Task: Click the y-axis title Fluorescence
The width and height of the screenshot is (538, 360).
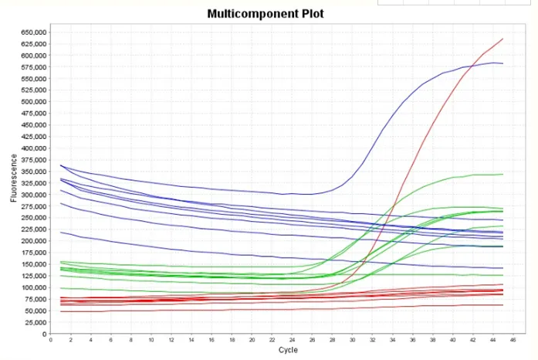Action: (x=14, y=178)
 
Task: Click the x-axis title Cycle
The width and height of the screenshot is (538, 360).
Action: (x=287, y=350)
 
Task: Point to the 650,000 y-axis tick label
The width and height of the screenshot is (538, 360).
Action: (x=32, y=32)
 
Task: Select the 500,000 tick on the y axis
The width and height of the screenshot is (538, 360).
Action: (x=32, y=102)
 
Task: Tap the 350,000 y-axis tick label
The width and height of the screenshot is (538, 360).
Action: (x=32, y=172)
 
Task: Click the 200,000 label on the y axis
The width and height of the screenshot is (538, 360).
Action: (x=32, y=241)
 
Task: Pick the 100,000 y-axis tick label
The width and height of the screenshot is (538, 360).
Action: (x=32, y=287)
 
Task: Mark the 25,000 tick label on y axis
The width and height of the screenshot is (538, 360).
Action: (x=34, y=322)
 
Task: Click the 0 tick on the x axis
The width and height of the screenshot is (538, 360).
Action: (x=50, y=339)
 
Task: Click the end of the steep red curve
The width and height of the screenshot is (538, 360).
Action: (x=503, y=39)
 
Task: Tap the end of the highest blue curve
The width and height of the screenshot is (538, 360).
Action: (x=503, y=63)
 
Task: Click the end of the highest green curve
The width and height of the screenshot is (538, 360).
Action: (x=503, y=174)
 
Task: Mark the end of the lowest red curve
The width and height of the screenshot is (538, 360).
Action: (x=503, y=305)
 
